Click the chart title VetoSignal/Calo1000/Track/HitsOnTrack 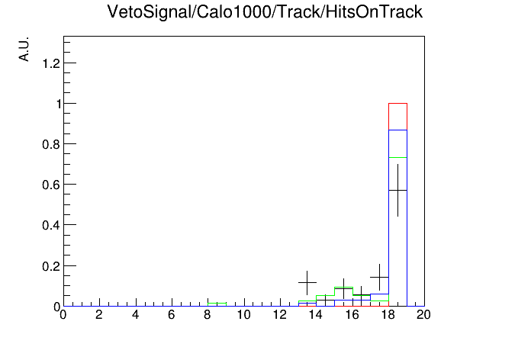point(265,12)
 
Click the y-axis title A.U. point(24,49)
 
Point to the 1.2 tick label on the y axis point(51,63)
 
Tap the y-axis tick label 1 point(59,104)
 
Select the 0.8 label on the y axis point(51,145)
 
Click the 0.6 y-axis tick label point(51,185)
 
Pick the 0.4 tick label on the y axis point(51,225)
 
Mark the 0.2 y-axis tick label point(51,266)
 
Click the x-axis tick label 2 point(99,315)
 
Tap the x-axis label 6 point(172,315)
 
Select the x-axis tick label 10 point(244,315)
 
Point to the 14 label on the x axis point(316,315)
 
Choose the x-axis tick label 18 point(388,315)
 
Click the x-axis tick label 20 point(423,315)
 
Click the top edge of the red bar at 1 point(397,103)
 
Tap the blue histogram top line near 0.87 point(397,130)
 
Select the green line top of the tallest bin point(397,157)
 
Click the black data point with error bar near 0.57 point(397,191)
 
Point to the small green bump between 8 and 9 point(217,304)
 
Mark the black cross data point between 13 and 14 point(307,282)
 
